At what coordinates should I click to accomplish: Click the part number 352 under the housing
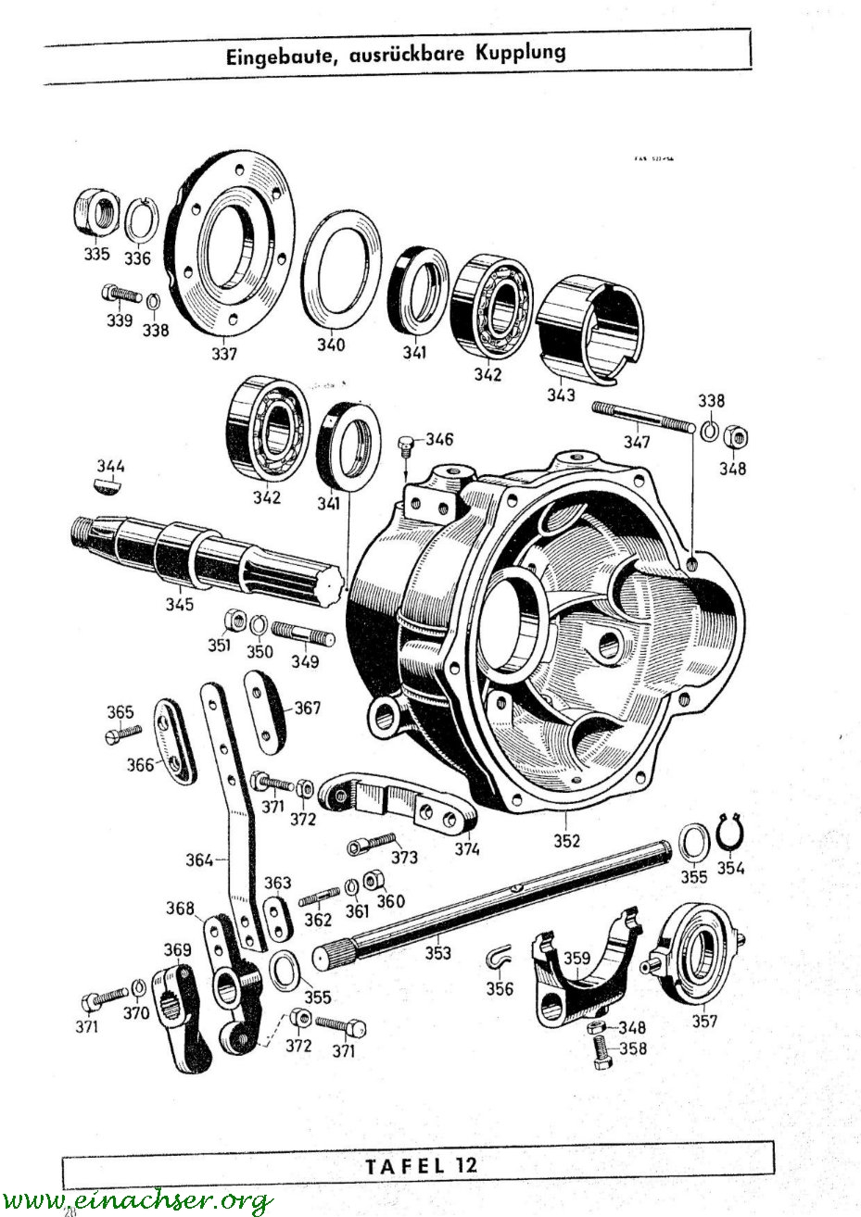coord(566,841)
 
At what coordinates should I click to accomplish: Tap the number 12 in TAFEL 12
coord(463,1164)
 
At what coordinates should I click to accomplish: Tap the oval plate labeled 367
coord(264,707)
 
